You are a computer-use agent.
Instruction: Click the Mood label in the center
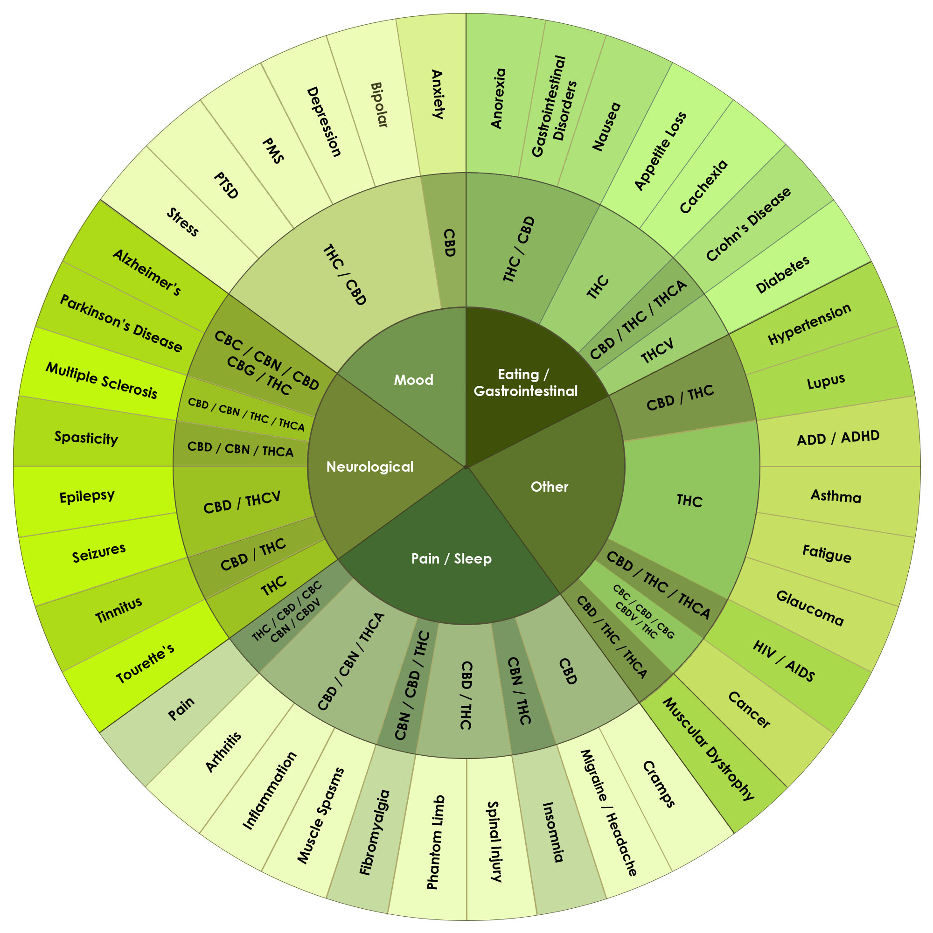(x=413, y=380)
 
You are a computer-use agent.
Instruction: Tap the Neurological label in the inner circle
(x=370, y=466)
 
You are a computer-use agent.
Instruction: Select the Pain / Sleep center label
(x=451, y=559)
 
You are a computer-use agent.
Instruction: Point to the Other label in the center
(x=550, y=486)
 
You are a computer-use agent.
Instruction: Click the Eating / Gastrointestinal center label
(x=525, y=383)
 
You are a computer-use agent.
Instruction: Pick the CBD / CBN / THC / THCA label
(x=246, y=414)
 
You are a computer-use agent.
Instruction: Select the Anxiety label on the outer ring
(x=437, y=94)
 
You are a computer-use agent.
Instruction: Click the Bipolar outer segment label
(x=379, y=105)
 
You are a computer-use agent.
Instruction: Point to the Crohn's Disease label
(x=748, y=224)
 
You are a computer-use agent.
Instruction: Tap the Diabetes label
(x=782, y=275)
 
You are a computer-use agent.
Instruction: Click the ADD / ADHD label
(x=838, y=438)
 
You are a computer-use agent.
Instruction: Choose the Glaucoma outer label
(x=810, y=608)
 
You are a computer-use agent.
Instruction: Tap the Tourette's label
(x=146, y=663)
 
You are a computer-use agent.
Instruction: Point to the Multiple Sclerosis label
(x=101, y=381)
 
